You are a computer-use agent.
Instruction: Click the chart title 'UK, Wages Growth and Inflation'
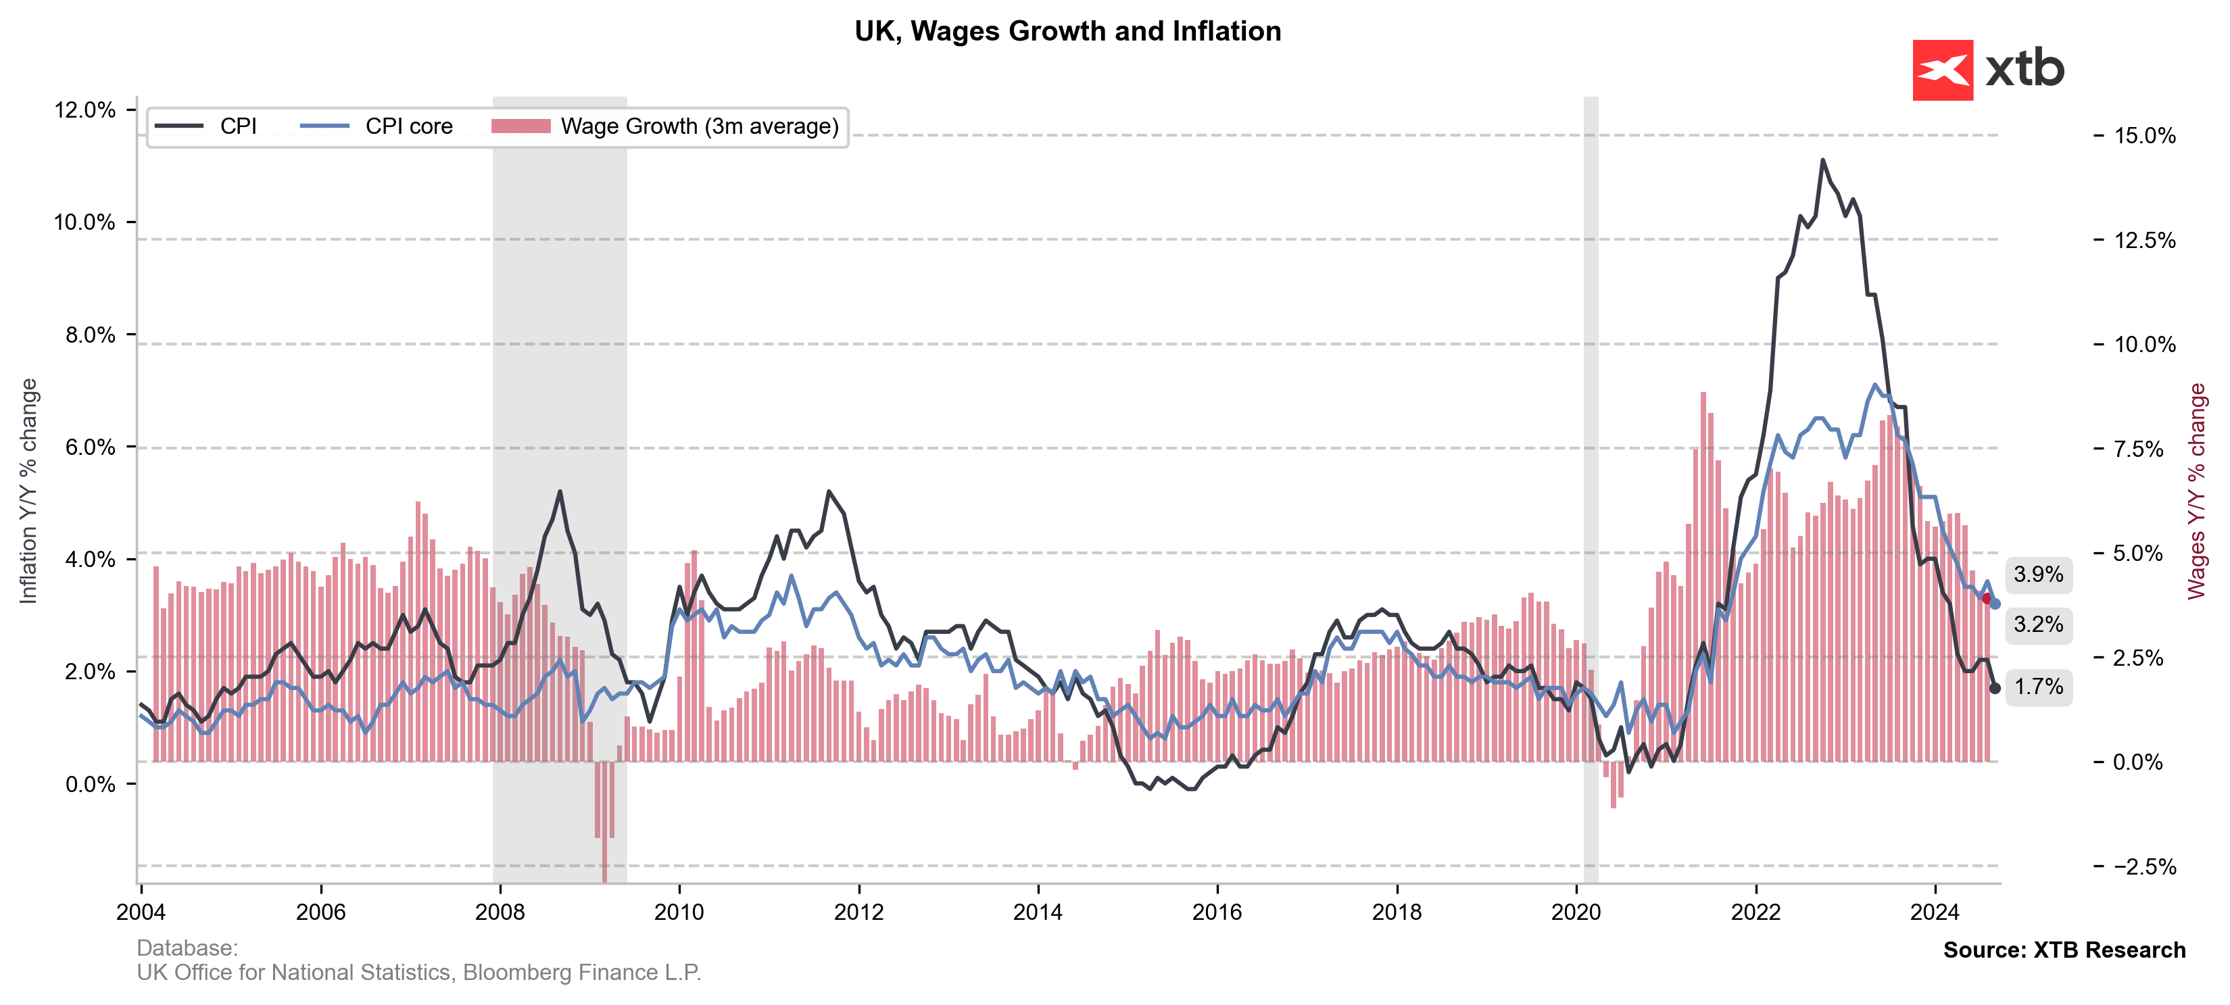click(x=1067, y=31)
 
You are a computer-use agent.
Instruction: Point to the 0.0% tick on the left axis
click(x=89, y=784)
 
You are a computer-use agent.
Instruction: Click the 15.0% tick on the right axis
click(x=2144, y=136)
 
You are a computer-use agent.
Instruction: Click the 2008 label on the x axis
click(x=500, y=912)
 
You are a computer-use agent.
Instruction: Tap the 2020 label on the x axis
click(x=1576, y=912)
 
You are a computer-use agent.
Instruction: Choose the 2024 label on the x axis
click(x=1934, y=912)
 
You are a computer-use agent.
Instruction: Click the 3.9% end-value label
click(x=2038, y=574)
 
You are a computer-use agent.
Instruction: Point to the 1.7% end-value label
click(x=2038, y=687)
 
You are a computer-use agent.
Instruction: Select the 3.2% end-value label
click(x=2038, y=625)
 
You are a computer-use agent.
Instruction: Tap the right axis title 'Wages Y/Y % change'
click(x=2196, y=491)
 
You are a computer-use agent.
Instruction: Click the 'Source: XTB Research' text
click(x=2064, y=950)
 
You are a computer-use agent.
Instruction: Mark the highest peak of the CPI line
click(x=1822, y=160)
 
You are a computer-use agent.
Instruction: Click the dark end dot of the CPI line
click(x=1995, y=688)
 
